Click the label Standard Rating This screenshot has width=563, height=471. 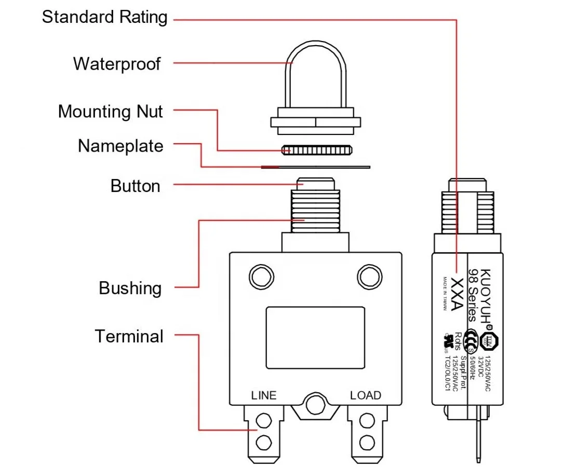click(x=104, y=17)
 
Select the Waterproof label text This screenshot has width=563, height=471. click(x=117, y=64)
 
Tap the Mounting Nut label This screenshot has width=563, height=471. click(x=110, y=112)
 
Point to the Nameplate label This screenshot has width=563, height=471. click(x=120, y=146)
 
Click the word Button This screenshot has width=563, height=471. click(x=135, y=186)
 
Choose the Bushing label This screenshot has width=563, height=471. click(x=130, y=288)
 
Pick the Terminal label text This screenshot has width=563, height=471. click(x=129, y=336)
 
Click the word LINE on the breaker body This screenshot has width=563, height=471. click(x=263, y=395)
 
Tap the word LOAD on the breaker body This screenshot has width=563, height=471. click(x=365, y=395)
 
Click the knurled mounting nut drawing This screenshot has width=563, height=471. click(x=316, y=150)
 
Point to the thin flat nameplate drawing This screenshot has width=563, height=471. click(x=315, y=167)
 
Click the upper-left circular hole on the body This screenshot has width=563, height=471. click(x=262, y=275)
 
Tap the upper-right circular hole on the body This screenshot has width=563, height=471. click(x=369, y=275)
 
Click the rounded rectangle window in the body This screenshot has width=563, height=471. click(x=315, y=337)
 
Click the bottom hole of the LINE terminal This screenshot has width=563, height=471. click(x=264, y=442)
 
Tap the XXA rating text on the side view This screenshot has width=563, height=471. click(x=457, y=294)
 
